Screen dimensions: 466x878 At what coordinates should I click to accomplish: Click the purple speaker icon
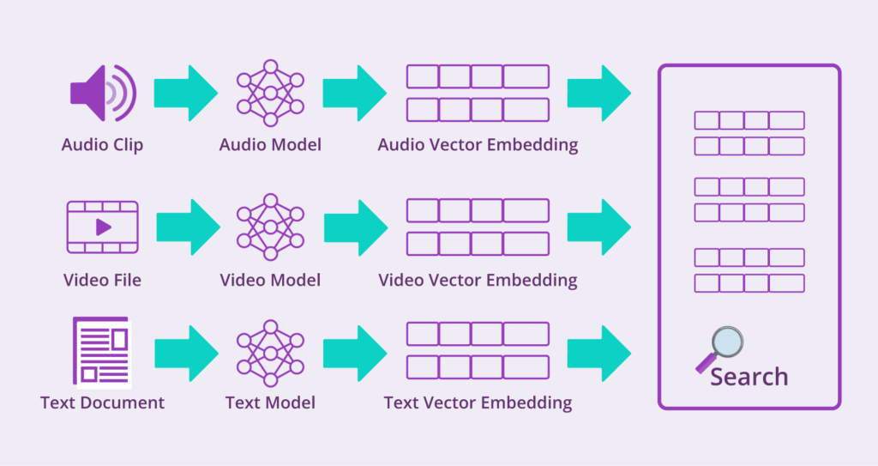click(x=100, y=93)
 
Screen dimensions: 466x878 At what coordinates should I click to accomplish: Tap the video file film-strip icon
click(x=102, y=227)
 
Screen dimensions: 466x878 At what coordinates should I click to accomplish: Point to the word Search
click(x=749, y=377)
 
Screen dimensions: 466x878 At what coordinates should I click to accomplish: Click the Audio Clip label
click(x=102, y=145)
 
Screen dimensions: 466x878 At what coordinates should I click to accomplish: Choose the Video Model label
click(x=270, y=280)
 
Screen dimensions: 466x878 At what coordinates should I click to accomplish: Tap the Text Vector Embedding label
click(x=478, y=402)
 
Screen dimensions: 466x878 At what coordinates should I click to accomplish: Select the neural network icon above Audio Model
click(x=270, y=93)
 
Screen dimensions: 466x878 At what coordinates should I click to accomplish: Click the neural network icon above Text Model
click(x=270, y=353)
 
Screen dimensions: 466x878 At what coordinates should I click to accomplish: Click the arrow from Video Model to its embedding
click(x=354, y=227)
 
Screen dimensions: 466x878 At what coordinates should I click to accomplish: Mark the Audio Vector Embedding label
click(x=478, y=145)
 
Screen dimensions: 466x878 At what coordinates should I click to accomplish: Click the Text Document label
click(x=102, y=402)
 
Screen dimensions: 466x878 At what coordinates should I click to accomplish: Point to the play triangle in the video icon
click(x=103, y=227)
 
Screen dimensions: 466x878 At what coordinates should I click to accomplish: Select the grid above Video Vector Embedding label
click(x=478, y=227)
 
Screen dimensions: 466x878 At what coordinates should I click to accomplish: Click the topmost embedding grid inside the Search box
click(x=749, y=133)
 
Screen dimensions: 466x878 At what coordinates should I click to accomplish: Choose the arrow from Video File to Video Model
click(x=188, y=227)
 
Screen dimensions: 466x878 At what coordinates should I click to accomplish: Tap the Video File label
click(x=102, y=280)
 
